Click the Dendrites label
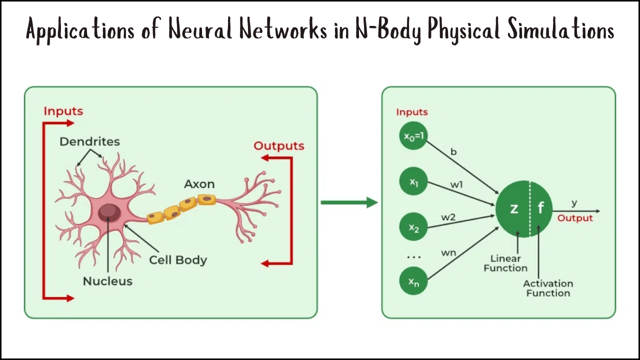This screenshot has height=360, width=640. (x=90, y=141)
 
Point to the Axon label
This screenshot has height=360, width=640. (x=199, y=184)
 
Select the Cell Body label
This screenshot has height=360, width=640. (x=178, y=260)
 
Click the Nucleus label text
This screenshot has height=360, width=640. (x=107, y=281)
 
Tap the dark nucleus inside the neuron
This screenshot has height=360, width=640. (x=108, y=212)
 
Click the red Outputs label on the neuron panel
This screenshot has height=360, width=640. (x=279, y=146)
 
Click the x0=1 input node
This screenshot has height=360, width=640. (x=413, y=136)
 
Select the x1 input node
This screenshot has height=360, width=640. (x=413, y=182)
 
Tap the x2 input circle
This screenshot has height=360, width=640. (x=413, y=227)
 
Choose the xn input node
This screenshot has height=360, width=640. (x=413, y=281)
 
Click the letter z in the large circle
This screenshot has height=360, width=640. (x=513, y=208)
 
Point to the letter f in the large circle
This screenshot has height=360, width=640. (x=540, y=208)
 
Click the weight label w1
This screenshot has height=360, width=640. (x=456, y=185)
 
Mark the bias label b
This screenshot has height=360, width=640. (x=453, y=151)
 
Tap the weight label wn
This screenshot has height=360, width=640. (x=448, y=252)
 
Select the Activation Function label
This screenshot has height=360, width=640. (x=548, y=288)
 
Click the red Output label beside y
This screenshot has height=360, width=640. (x=575, y=218)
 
